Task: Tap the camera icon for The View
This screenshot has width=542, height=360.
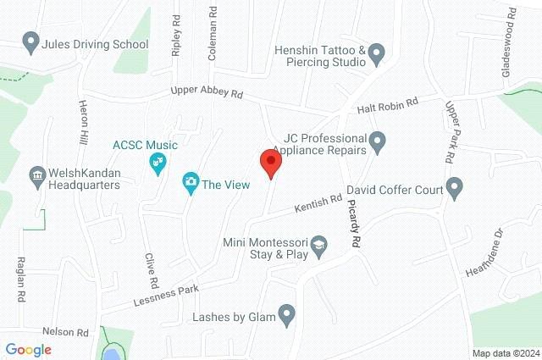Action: (x=191, y=181)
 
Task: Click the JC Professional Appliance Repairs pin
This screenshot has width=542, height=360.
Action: (x=378, y=140)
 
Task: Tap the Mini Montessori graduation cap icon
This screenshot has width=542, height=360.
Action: (x=318, y=247)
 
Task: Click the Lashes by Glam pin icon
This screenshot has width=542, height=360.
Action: (x=287, y=317)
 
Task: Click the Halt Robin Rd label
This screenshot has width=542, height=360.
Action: (x=388, y=102)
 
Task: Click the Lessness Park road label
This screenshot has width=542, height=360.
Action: (x=166, y=294)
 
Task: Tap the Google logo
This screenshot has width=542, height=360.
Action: (x=28, y=349)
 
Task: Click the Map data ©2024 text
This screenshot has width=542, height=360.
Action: (x=505, y=352)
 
